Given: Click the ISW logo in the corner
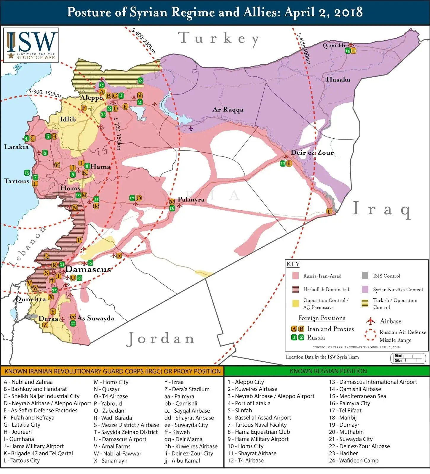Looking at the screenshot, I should [x=31, y=45].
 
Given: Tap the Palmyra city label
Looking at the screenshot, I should [x=191, y=199].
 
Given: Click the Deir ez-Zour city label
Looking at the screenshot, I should [x=312, y=153].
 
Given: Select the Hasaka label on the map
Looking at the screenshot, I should [x=338, y=79].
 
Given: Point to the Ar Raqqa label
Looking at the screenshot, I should [x=228, y=109].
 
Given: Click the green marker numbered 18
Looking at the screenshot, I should [x=140, y=81].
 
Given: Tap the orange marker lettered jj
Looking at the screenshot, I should [x=329, y=211].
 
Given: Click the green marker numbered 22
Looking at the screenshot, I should [x=283, y=164].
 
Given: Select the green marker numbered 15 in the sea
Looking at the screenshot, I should [x=27, y=173].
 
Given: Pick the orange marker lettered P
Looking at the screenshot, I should [x=79, y=240].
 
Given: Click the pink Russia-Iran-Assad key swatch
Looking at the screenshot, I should [x=295, y=276].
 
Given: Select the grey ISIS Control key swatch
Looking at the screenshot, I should [x=365, y=276].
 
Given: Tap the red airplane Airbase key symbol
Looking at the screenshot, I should [x=370, y=321].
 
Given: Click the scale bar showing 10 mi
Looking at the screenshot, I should [x=408, y=358].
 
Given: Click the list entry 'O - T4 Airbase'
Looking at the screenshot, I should [x=111, y=396].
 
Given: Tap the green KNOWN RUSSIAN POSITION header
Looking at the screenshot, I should [x=328, y=371].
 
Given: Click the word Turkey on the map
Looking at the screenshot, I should [x=219, y=39].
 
